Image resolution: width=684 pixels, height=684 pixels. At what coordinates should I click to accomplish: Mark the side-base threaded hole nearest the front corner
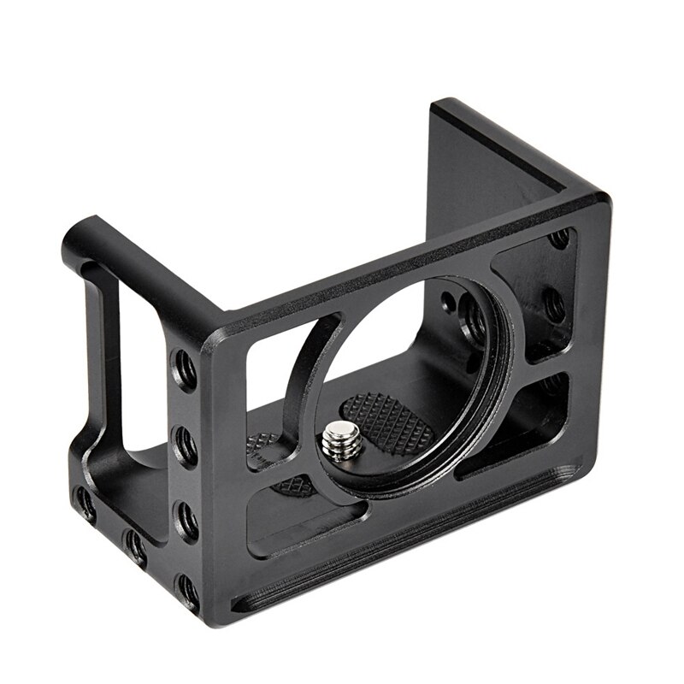[x=134, y=545]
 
